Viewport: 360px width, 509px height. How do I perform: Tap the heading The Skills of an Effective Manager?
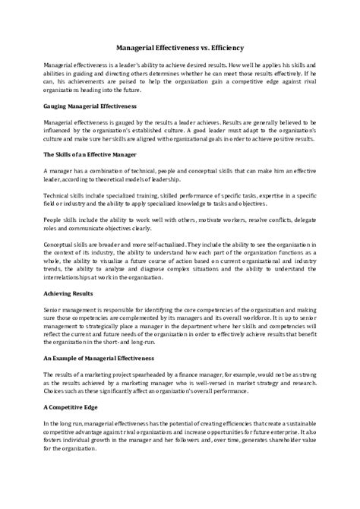pos(90,155)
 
